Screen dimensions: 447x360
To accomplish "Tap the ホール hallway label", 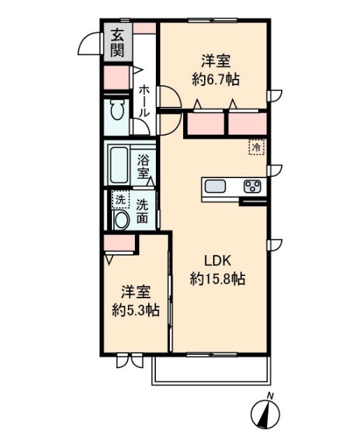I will [143, 101].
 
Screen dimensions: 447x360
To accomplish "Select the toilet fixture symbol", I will [117, 111].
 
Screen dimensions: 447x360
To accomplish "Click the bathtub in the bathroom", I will [119, 165].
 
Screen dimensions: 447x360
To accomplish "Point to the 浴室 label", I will [144, 165].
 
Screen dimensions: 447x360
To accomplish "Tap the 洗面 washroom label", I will [143, 212].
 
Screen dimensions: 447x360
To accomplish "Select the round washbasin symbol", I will [121, 219].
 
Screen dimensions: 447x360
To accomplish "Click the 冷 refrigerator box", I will [257, 147].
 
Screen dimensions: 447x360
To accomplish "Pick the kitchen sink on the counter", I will [215, 186].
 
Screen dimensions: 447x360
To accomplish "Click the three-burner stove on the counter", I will [252, 186].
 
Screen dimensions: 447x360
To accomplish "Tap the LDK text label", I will [217, 261].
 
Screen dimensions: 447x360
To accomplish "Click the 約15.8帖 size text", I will [217, 279].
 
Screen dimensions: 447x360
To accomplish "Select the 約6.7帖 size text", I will [216, 79].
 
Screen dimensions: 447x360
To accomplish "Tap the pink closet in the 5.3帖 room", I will [120, 244].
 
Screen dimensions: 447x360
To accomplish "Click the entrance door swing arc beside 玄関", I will [89, 43].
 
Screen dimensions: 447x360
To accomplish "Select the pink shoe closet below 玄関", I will [115, 77].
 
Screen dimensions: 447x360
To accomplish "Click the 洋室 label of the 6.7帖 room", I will [216, 60].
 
